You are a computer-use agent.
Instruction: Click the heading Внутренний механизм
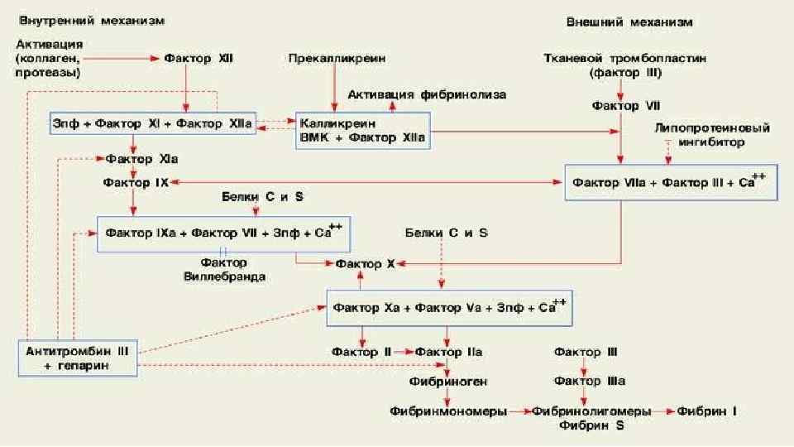(x=91, y=19)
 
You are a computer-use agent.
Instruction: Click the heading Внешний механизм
(x=629, y=22)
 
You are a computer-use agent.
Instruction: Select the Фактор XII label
(x=198, y=59)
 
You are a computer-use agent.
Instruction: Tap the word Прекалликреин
(x=337, y=59)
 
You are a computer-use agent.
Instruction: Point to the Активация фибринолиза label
(x=427, y=94)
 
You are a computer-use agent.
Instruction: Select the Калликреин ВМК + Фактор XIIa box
(x=362, y=131)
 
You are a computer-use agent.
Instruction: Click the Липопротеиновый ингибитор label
(x=712, y=135)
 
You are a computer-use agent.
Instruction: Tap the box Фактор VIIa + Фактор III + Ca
(x=671, y=182)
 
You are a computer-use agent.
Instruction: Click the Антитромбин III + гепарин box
(x=77, y=358)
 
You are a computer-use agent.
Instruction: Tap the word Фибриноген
(x=447, y=382)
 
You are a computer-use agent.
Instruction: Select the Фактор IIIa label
(x=590, y=382)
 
